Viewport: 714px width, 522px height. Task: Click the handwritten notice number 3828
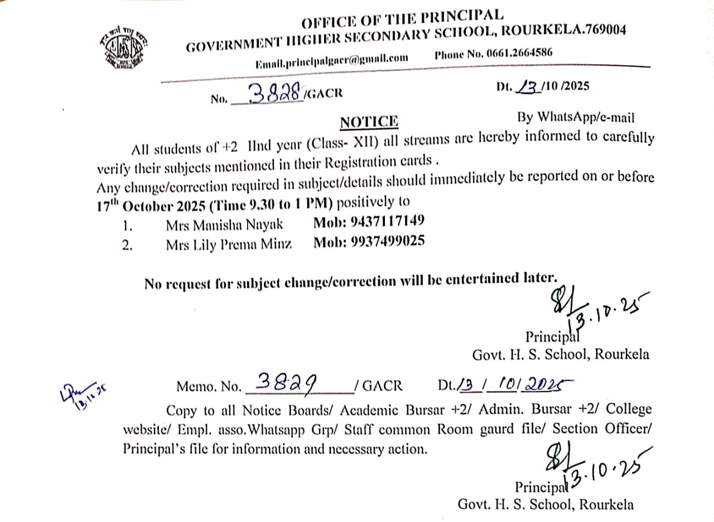coord(274,93)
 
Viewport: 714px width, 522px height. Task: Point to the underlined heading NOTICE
coord(369,121)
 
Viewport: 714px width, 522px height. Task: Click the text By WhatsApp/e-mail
coord(575,117)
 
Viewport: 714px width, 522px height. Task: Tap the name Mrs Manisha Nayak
coord(224,224)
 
